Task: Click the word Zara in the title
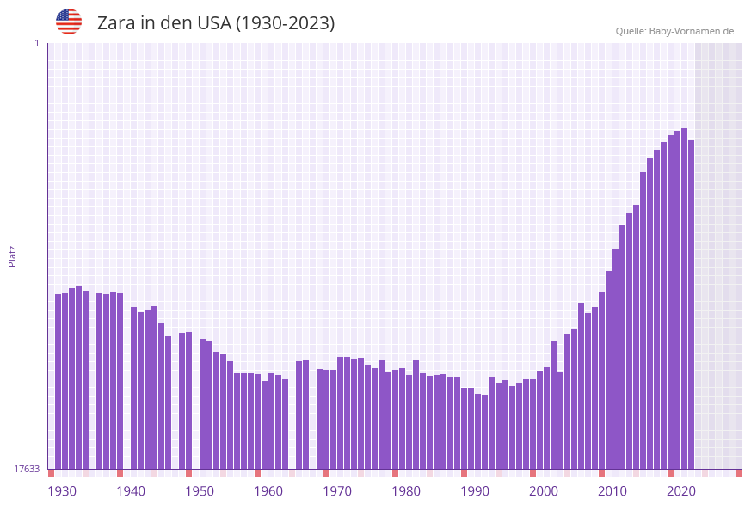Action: click(116, 23)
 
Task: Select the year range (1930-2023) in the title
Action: click(285, 23)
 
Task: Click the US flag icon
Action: click(69, 22)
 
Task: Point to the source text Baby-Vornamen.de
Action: click(691, 31)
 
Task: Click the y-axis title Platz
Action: click(12, 256)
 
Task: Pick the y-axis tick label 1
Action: click(36, 43)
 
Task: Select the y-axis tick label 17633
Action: click(27, 469)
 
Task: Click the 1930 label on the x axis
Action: click(62, 491)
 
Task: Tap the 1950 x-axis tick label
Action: click(200, 491)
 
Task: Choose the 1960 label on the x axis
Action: click(268, 491)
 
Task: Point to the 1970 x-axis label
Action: click(337, 491)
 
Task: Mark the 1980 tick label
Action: click(406, 491)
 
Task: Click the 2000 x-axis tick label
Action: click(544, 491)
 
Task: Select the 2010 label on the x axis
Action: click(612, 491)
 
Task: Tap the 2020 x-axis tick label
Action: click(681, 491)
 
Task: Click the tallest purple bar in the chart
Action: click(684, 299)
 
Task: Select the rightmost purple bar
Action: click(691, 305)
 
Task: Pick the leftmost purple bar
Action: click(58, 381)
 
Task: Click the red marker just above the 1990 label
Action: click(465, 473)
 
